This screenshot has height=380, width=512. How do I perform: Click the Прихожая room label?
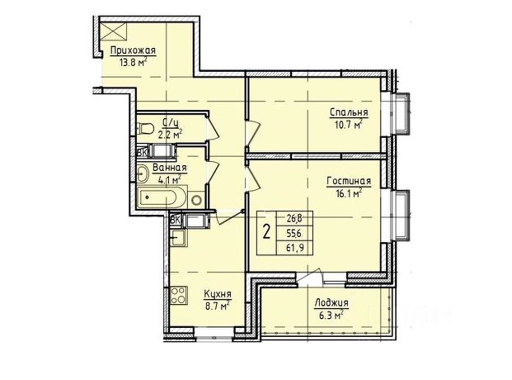point(133,51)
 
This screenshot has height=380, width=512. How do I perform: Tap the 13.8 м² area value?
point(133,62)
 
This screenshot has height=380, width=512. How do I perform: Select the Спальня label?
point(349,112)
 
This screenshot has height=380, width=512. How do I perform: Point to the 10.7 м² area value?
point(349,124)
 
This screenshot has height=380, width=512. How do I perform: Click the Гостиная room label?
point(349,181)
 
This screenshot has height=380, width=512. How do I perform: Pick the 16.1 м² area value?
point(348,193)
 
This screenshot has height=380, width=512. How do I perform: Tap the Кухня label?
point(218,294)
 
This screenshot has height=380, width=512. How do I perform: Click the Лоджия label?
point(331,303)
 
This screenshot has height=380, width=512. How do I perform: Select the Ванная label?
point(170,168)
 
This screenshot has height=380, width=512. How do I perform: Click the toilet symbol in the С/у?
point(144,128)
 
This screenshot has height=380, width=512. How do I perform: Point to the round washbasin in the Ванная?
point(143,173)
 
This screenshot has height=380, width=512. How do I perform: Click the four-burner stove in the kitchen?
point(178,295)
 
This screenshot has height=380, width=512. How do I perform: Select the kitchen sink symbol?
point(178,237)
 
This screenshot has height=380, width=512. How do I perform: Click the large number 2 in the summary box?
point(267,232)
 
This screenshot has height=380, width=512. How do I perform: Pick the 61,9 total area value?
point(295,248)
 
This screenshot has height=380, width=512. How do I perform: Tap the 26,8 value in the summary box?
point(294,218)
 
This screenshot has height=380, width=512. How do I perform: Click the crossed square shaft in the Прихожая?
point(113,31)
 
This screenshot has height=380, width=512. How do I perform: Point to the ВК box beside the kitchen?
point(176,220)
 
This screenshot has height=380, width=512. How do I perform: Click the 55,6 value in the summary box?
point(294,233)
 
